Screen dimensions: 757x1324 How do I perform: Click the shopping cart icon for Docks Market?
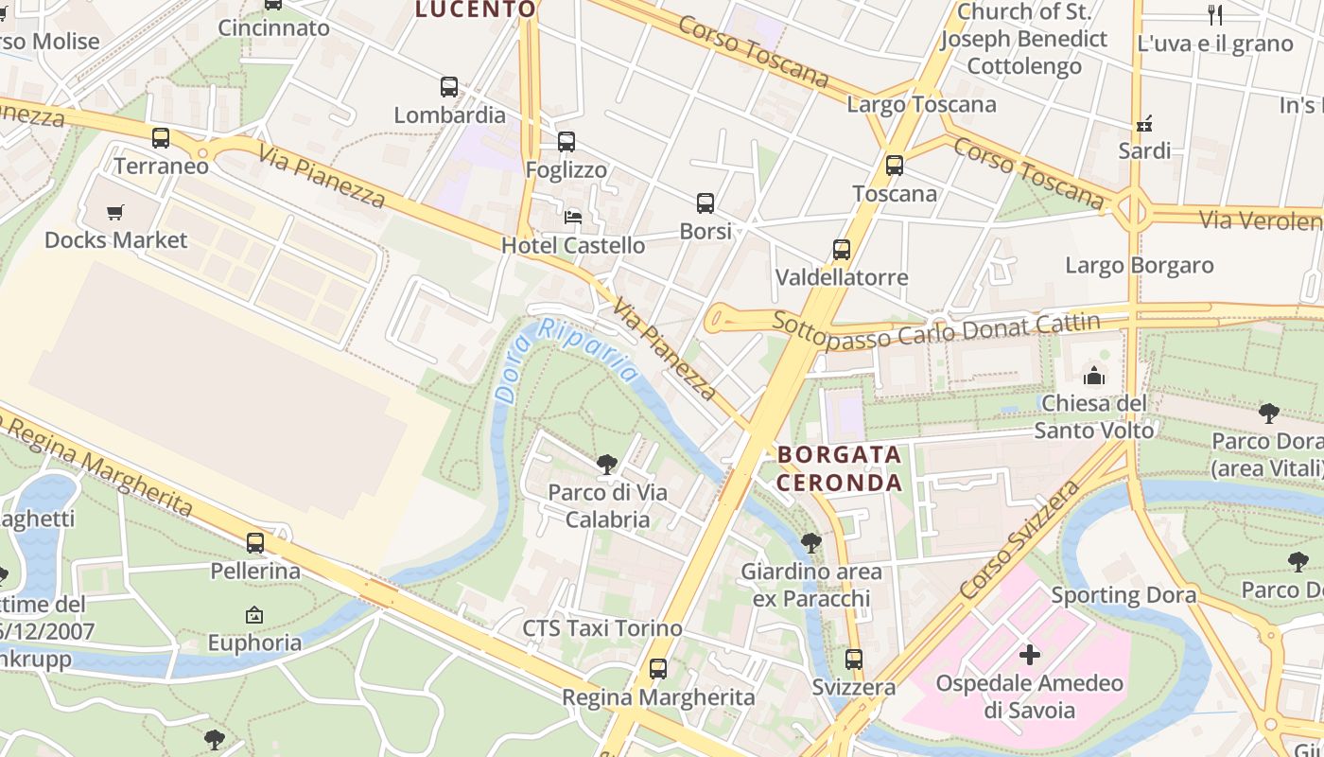pos(115,212)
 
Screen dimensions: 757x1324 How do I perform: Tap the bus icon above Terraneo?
pos(161,138)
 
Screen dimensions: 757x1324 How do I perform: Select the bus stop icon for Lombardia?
pos(449,87)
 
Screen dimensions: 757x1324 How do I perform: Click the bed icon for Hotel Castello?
pos(573,217)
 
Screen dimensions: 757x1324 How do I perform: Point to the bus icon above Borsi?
pos(706,202)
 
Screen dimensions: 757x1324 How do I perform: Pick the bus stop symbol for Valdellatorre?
pos(842,250)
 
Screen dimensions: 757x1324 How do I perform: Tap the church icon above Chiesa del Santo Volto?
pos(1094,376)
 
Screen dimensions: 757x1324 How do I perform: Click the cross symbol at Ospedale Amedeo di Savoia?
pos(1030,654)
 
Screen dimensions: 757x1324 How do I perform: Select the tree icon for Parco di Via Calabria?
pos(607,464)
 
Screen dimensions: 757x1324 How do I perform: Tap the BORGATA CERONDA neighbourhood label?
pos(839,468)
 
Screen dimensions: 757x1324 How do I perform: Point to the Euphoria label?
pos(254,643)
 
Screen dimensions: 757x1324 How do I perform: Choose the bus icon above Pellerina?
pos(255,543)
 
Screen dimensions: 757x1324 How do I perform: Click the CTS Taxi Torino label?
pos(602,628)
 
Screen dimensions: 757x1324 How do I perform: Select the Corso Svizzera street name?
pos(1019,539)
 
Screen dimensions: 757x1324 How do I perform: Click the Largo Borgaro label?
pos(1140,265)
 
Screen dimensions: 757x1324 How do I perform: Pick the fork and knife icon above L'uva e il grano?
pos(1215,14)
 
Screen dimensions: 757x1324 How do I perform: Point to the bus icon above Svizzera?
pos(854,659)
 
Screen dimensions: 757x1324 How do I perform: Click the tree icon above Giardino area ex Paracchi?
pos(810,543)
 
